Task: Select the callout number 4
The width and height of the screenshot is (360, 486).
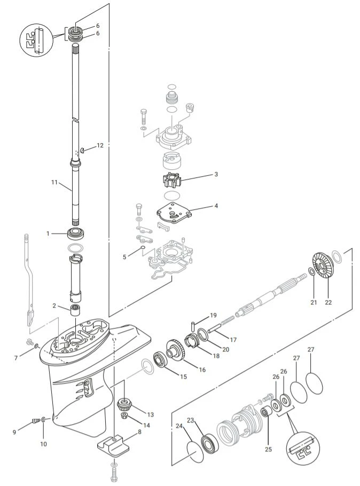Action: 216,205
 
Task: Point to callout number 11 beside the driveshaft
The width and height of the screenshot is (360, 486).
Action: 54,182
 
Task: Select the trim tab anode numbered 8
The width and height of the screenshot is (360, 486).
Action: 116,445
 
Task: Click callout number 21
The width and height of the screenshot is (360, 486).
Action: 314,302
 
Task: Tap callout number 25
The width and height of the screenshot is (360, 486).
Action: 268,449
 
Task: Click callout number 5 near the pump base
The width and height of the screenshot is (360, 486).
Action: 124,257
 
